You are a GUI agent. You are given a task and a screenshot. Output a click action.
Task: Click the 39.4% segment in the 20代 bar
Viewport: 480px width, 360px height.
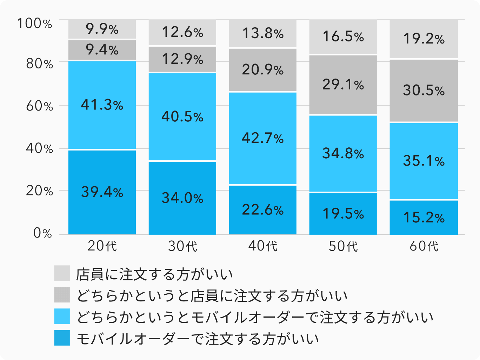(x=102, y=192)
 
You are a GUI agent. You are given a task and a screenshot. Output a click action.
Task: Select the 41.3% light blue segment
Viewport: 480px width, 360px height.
(x=102, y=105)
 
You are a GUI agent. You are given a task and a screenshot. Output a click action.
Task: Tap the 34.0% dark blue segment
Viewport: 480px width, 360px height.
(x=182, y=198)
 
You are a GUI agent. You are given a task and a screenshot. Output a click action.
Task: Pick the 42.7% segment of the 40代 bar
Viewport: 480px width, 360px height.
(x=263, y=138)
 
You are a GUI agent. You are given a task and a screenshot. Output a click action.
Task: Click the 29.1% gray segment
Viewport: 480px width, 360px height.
(x=343, y=85)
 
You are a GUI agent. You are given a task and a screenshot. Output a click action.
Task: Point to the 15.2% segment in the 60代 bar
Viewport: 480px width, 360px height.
(x=424, y=218)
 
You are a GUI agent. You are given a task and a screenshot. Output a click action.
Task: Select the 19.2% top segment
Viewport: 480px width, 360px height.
(x=424, y=39)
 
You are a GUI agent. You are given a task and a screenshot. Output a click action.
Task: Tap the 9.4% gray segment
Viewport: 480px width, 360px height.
(x=102, y=50)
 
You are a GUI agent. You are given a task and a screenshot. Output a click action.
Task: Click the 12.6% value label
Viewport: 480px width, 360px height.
(x=182, y=33)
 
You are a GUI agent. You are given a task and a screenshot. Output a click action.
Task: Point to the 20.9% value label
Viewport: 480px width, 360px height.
(x=263, y=70)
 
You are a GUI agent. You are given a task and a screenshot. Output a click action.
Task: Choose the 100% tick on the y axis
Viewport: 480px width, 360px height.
(x=35, y=24)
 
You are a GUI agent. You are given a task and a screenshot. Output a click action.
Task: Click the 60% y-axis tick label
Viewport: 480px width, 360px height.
(x=39, y=106)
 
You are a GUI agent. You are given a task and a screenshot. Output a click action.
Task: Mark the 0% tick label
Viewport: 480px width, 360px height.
(x=42, y=233)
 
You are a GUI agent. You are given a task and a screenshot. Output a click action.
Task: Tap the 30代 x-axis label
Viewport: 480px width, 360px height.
(x=182, y=246)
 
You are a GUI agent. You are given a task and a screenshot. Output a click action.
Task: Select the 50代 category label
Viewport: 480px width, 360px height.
(x=343, y=246)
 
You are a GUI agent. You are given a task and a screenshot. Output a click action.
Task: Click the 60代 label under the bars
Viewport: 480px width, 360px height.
(x=424, y=246)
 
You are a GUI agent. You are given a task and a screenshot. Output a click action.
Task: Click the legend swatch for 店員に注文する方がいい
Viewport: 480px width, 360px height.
(x=62, y=273)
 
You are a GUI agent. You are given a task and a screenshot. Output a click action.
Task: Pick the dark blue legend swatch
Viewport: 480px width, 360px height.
(x=62, y=338)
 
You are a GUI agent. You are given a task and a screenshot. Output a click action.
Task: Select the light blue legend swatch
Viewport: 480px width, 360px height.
(x=62, y=316)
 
